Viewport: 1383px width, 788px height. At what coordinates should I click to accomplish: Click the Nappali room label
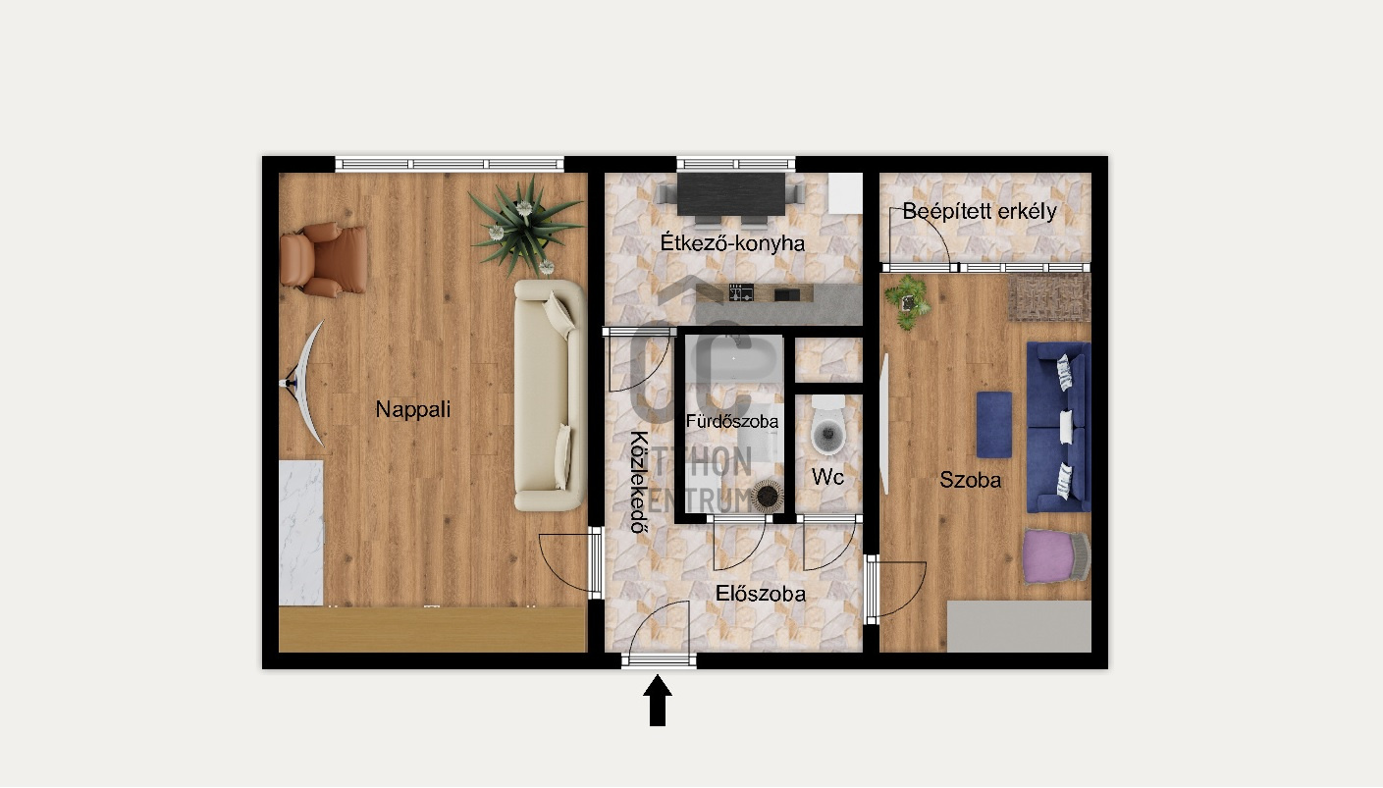pyautogui.click(x=413, y=410)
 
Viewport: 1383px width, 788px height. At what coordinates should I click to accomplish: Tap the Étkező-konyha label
pyautogui.click(x=732, y=243)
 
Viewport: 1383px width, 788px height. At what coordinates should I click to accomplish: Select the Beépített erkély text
pyautogui.click(x=980, y=212)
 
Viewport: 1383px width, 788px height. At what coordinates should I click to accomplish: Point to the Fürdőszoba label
pyautogui.click(x=732, y=421)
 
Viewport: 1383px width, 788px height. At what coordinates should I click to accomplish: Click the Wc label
pyautogui.click(x=827, y=476)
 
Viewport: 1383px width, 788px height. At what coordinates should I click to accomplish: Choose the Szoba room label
pyautogui.click(x=970, y=480)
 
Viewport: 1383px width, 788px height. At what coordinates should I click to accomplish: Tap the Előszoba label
pyautogui.click(x=761, y=594)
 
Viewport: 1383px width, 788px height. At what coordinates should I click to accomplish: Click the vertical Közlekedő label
pyautogui.click(x=640, y=481)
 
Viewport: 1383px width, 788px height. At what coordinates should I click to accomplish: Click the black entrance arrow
pyautogui.click(x=658, y=701)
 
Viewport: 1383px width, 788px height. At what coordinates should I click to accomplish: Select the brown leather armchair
pyautogui.click(x=323, y=260)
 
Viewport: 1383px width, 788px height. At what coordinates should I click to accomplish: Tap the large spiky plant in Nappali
pyautogui.click(x=525, y=226)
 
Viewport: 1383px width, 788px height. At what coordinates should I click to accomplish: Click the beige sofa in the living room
pyautogui.click(x=550, y=395)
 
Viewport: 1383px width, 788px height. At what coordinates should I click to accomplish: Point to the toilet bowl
pyautogui.click(x=827, y=427)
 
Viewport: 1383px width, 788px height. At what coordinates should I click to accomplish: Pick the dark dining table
pyautogui.click(x=731, y=193)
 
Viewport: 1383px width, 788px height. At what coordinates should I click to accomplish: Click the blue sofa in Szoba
pyautogui.click(x=1058, y=427)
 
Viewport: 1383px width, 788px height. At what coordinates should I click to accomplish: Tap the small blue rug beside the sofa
pyautogui.click(x=994, y=425)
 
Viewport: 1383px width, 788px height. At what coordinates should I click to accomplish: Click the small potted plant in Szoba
pyautogui.click(x=908, y=301)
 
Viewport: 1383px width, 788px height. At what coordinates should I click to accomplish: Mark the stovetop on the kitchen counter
pyautogui.click(x=741, y=292)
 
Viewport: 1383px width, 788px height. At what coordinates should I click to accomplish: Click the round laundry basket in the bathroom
pyautogui.click(x=767, y=496)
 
